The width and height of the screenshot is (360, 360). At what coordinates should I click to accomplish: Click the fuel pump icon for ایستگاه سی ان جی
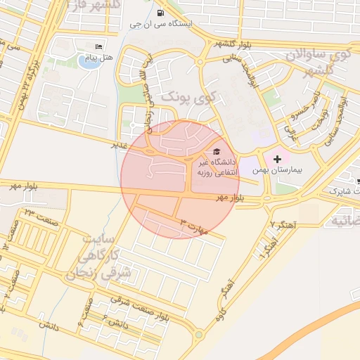coord(162,13)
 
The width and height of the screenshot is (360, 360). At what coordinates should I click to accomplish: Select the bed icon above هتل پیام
coord(98,46)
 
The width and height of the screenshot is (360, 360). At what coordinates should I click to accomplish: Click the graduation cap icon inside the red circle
coord(215,151)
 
